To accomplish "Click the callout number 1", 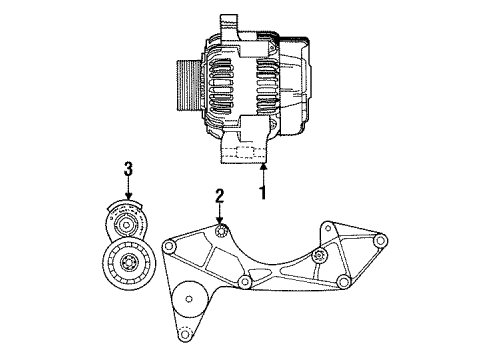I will (x=262, y=191).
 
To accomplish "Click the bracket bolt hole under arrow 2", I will (x=221, y=236).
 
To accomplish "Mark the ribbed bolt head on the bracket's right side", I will (x=317, y=257).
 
